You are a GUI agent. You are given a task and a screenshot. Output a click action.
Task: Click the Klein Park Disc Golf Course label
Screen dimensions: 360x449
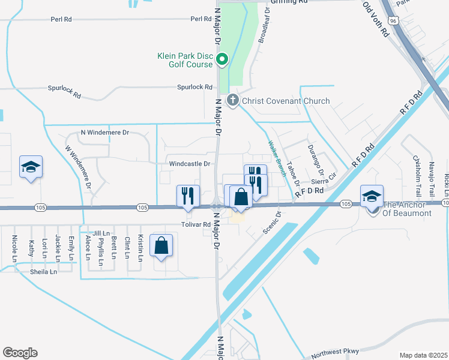(185, 60)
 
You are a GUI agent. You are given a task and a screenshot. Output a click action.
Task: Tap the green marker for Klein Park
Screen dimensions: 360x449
(221, 59)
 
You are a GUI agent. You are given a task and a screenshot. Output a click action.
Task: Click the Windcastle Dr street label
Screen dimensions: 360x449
(190, 164)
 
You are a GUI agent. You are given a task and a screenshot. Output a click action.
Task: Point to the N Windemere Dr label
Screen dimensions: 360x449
(105, 133)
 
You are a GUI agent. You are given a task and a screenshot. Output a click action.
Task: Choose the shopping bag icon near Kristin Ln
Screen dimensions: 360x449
(161, 246)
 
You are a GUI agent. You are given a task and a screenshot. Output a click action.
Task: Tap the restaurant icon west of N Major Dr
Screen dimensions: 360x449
(187, 196)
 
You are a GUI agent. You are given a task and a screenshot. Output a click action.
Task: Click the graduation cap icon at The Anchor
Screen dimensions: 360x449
(371, 196)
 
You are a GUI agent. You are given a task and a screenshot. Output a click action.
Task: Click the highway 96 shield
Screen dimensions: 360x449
(391, 20)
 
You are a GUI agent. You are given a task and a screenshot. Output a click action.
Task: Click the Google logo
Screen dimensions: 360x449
(20, 352)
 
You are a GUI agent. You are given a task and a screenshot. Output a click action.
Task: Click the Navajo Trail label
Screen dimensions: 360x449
(431, 173)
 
